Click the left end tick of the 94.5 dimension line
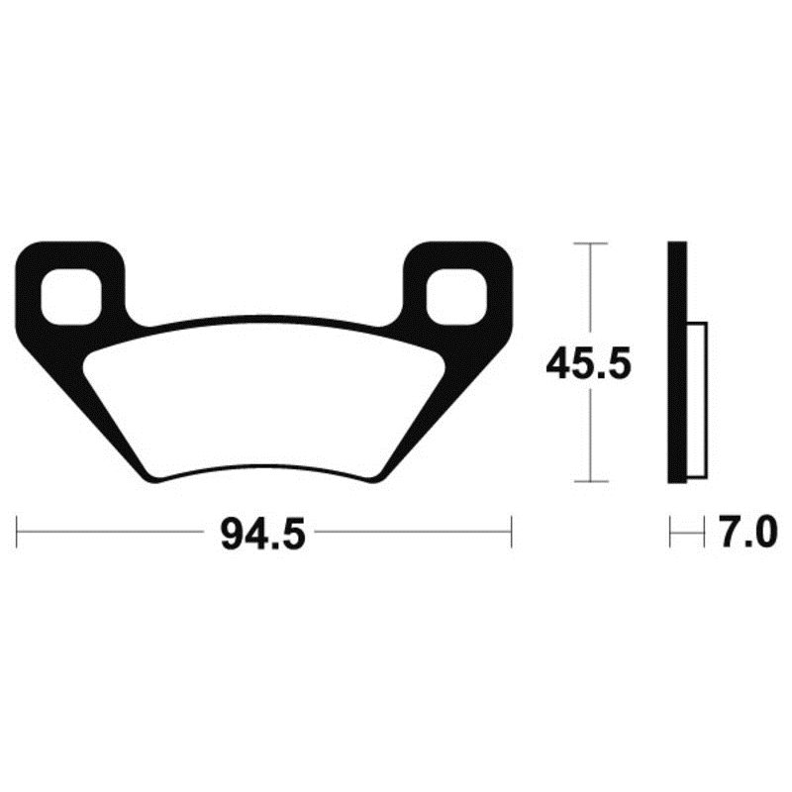(19, 531)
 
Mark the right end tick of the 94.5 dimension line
(511, 531)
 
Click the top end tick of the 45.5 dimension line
(590, 243)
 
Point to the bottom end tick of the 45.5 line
(590, 482)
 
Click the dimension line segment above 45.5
(590, 292)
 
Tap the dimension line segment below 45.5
(590, 436)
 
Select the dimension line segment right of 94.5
(411, 531)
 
